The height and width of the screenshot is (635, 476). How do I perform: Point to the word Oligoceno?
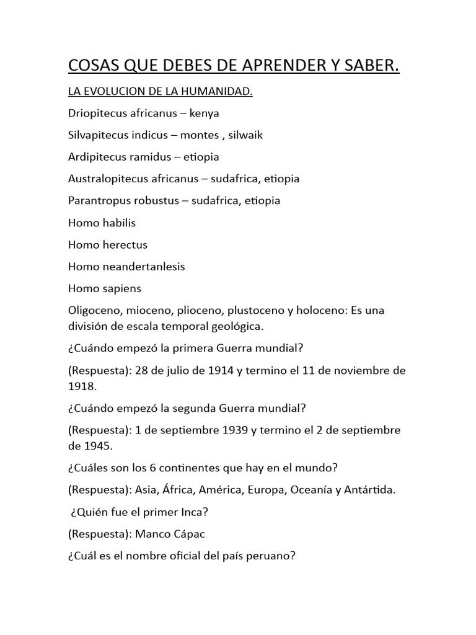point(95,309)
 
